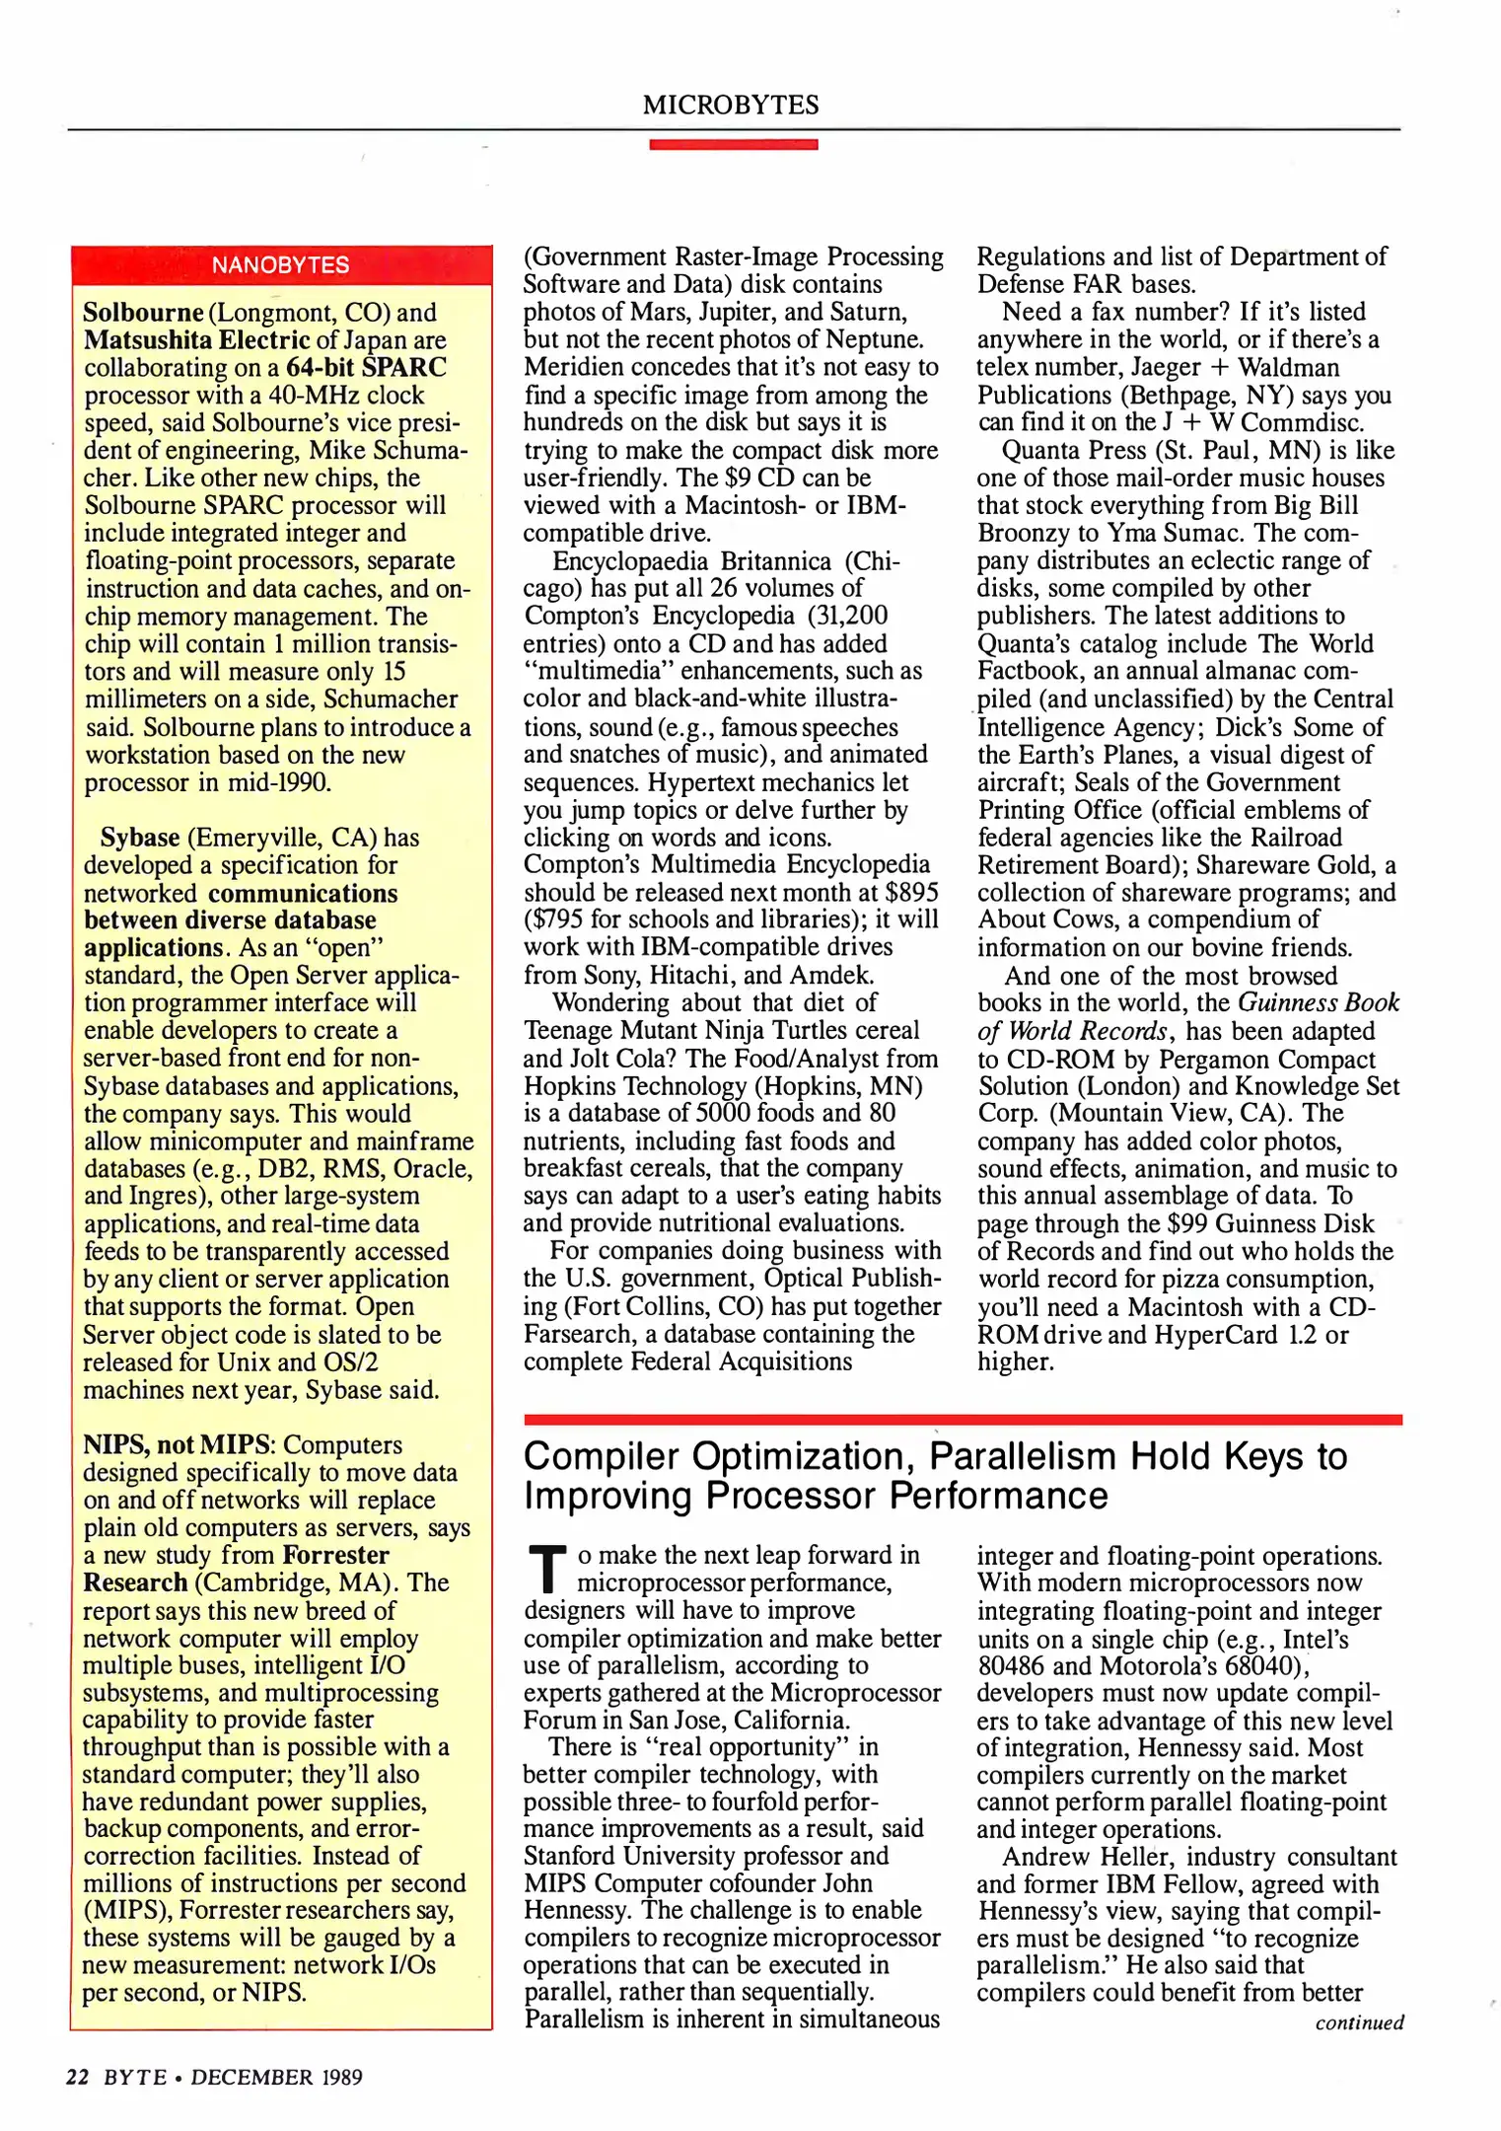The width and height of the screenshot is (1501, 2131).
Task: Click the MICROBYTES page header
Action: point(731,105)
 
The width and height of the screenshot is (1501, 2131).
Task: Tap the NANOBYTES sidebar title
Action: point(280,265)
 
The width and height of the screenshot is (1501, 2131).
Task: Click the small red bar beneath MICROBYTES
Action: point(733,145)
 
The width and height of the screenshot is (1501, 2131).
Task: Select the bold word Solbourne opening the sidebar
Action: point(143,313)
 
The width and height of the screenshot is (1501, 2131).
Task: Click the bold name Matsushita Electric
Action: point(196,340)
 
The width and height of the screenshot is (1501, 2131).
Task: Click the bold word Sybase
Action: point(140,838)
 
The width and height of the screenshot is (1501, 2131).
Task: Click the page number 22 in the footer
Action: point(78,2077)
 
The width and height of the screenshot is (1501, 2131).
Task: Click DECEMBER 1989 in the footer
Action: point(276,2077)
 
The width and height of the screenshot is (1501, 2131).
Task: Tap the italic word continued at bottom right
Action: point(1359,2022)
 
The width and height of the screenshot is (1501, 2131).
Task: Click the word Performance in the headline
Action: point(998,1497)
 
